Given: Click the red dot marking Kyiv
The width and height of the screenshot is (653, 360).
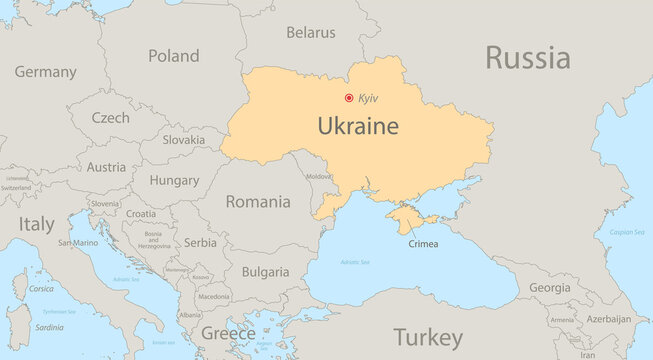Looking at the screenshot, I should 349,98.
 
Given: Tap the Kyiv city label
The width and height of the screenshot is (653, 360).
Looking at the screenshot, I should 368,98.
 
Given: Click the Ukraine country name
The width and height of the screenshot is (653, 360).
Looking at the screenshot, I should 358,127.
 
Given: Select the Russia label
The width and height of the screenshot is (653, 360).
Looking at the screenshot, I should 528,57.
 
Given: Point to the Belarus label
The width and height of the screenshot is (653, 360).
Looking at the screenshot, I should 310,33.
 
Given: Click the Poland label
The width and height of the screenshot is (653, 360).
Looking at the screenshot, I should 174,56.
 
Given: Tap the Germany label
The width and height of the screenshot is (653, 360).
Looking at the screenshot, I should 45,72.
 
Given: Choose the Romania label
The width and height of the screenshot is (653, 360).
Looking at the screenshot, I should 258,201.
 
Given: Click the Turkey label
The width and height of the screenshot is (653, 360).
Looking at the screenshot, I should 428,336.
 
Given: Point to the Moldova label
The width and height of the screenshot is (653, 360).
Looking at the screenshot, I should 318,176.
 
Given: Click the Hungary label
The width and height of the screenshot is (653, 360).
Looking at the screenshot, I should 174,181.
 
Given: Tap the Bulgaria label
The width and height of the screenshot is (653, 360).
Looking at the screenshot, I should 266,271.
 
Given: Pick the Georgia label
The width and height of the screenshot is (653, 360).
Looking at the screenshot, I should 550,287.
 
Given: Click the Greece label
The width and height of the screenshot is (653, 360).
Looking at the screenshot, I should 228,332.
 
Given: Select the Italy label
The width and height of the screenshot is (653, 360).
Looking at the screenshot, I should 38,225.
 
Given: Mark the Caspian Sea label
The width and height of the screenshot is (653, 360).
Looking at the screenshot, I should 627,231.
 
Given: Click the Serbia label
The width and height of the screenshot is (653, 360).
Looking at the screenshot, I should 200,242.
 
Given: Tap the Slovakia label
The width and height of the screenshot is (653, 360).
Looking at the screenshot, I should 183,140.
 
